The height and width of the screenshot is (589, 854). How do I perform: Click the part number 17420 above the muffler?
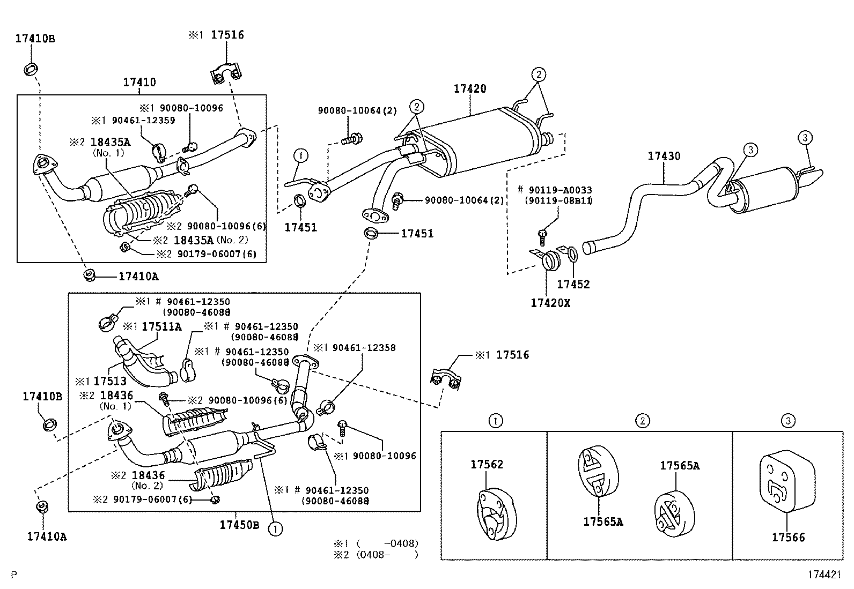pyautogui.click(x=470, y=89)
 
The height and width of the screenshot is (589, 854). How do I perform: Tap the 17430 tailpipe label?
pyautogui.click(x=664, y=156)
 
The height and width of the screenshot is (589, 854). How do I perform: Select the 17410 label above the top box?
pyautogui.click(x=139, y=83)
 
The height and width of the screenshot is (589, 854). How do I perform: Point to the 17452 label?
pyautogui.click(x=573, y=284)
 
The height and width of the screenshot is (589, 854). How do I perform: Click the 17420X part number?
pyautogui.click(x=550, y=303)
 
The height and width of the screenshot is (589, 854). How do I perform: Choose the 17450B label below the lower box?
pyautogui.click(x=239, y=525)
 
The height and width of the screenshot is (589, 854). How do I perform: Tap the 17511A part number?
pyautogui.click(x=161, y=327)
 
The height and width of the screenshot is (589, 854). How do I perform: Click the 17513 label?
pyautogui.click(x=110, y=381)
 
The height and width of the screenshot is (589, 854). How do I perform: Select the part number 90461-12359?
pyautogui.click(x=143, y=121)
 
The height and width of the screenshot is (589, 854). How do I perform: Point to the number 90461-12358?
pyautogui.click(x=364, y=348)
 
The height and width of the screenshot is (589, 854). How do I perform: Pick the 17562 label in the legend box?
pyautogui.click(x=487, y=465)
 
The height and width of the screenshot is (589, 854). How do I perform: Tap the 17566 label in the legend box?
pyautogui.click(x=789, y=538)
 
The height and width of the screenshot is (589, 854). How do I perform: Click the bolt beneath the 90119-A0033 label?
pyautogui.click(x=542, y=237)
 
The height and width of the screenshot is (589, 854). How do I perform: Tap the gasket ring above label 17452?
pyautogui.click(x=572, y=255)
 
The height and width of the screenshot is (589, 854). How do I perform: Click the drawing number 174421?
pyautogui.click(x=824, y=575)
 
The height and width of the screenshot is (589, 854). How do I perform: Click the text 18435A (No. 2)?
pyautogui.click(x=211, y=240)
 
